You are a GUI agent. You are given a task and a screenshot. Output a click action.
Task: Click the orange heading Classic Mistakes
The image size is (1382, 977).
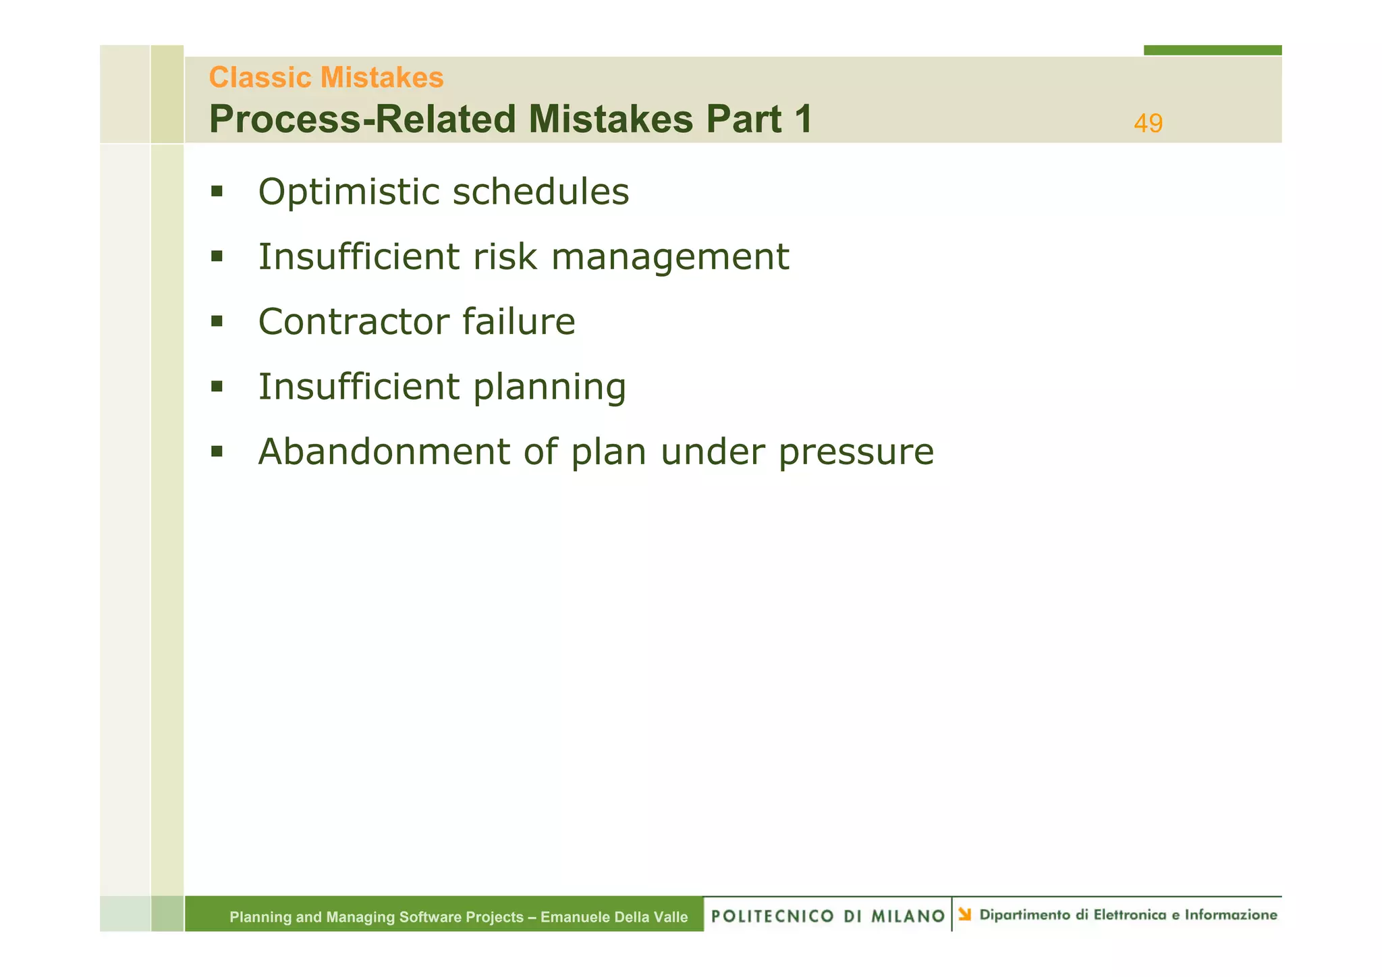[x=326, y=78]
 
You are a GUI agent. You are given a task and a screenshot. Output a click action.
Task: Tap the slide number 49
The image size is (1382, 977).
[x=1148, y=123]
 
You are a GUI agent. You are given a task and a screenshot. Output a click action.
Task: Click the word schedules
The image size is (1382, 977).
[x=541, y=192]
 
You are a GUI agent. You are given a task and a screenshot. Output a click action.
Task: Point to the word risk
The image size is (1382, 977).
[x=504, y=257]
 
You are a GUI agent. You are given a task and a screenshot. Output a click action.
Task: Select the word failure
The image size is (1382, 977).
[x=518, y=321]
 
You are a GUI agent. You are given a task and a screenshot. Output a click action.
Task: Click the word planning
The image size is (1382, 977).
[x=549, y=387]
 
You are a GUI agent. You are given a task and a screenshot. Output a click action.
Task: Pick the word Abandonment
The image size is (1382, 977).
[x=383, y=451]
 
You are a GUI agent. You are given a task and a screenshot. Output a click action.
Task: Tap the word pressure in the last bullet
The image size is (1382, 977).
[x=856, y=453]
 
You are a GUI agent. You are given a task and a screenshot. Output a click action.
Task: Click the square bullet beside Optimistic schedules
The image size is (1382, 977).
[x=217, y=192]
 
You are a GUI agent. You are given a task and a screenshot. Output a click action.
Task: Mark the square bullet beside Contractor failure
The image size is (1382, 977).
[x=217, y=321]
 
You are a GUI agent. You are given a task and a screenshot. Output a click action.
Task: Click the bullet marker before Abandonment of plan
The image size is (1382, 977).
[x=217, y=451]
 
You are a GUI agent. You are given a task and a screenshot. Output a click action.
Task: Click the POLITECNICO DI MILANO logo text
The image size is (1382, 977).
[x=827, y=916]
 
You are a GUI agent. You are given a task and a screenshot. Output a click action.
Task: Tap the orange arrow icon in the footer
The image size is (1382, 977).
[x=965, y=914]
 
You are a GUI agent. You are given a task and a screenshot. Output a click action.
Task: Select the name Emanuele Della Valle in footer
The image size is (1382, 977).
[x=614, y=917]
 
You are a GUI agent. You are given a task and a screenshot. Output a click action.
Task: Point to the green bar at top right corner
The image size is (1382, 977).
[x=1212, y=50]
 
